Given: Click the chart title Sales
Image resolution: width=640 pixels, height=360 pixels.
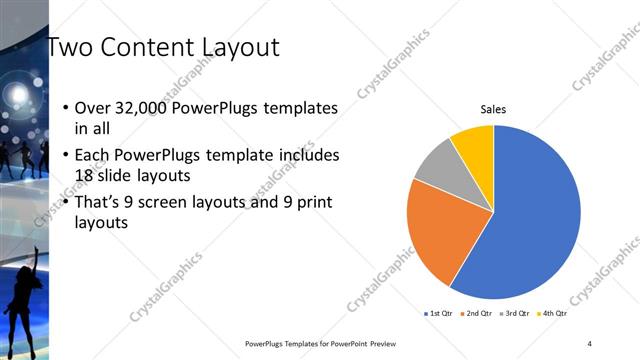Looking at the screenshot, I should tap(493, 109).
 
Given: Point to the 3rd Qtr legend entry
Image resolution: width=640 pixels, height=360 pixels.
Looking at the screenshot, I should tap(515, 314).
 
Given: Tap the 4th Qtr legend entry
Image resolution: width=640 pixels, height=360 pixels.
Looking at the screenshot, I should tap(553, 314).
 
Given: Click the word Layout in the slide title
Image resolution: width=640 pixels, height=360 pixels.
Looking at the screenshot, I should tap(230, 47).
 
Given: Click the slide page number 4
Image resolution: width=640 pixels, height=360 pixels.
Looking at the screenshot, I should tap(590, 343).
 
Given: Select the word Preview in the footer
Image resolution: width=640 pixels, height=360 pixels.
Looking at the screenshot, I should tap(384, 343).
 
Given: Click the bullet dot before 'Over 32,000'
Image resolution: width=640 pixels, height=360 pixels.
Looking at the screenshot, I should tap(66, 108).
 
